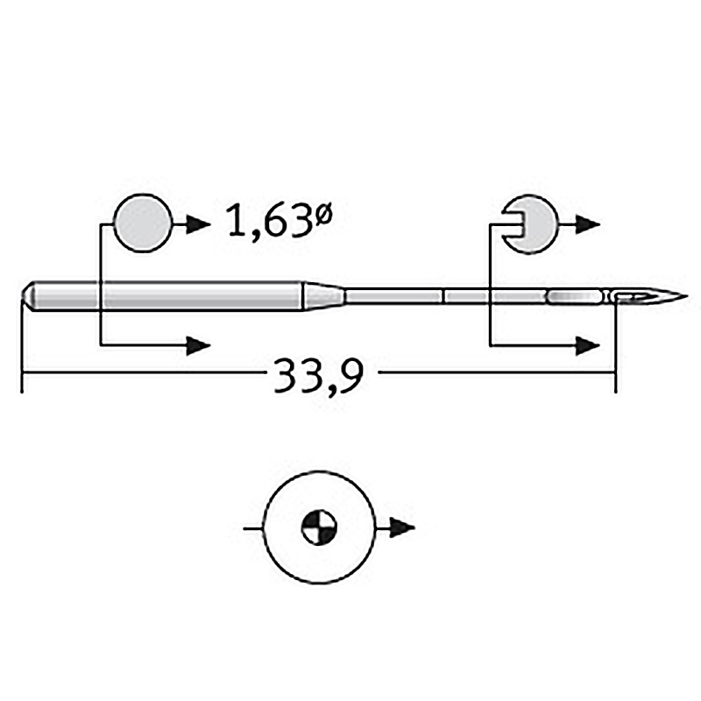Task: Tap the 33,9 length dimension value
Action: pyautogui.click(x=318, y=375)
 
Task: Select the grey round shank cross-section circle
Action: pyautogui.click(x=143, y=223)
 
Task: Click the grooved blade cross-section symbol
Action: pyautogui.click(x=530, y=224)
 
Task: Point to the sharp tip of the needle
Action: pyautogui.click(x=687, y=296)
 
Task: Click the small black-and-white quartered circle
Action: pyautogui.click(x=319, y=528)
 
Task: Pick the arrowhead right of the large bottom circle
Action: pyautogui.click(x=402, y=528)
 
